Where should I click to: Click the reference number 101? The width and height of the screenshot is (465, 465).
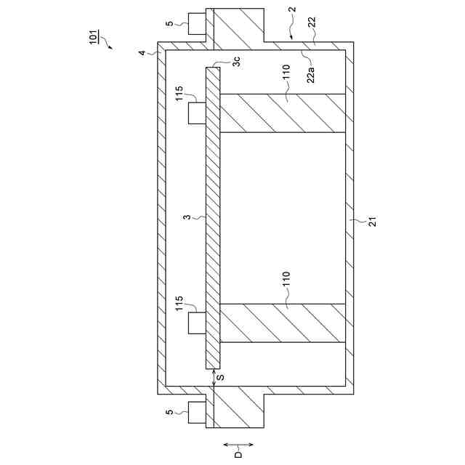(x=94, y=37)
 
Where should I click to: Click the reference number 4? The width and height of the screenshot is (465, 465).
(x=142, y=52)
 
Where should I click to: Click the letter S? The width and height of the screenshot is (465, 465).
(x=221, y=378)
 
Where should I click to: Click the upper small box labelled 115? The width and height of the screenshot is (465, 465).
(x=197, y=113)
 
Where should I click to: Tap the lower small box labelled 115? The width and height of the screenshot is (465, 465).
(x=197, y=323)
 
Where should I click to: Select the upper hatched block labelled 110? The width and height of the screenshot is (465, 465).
(x=282, y=113)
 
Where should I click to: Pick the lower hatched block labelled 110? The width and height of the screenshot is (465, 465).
(x=282, y=323)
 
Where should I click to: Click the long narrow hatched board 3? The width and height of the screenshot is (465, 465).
(x=212, y=218)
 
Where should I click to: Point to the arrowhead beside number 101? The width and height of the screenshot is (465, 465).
(x=110, y=46)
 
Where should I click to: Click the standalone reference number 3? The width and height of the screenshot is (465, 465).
(x=187, y=217)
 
